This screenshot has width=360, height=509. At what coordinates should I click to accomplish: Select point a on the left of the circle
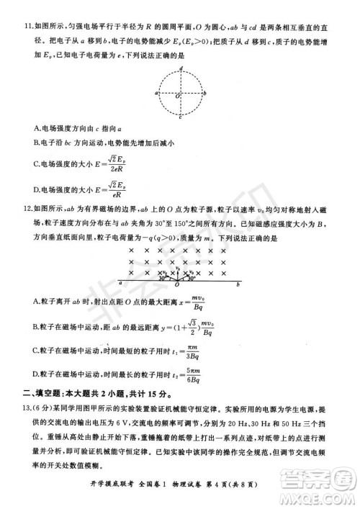tap(156, 94)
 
